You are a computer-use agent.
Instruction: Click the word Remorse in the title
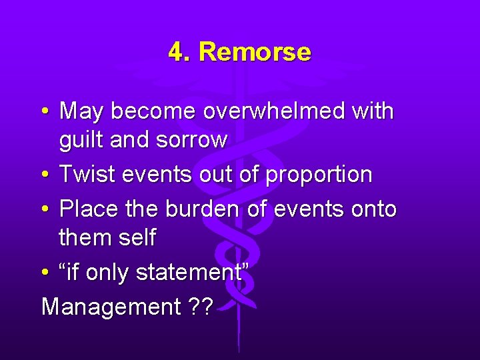[255, 52]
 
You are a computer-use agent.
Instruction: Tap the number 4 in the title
[177, 52]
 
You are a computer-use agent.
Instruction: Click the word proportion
[319, 175]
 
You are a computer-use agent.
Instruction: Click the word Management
[111, 307]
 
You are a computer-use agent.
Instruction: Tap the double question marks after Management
[200, 307]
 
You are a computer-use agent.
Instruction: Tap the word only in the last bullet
[107, 272]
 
